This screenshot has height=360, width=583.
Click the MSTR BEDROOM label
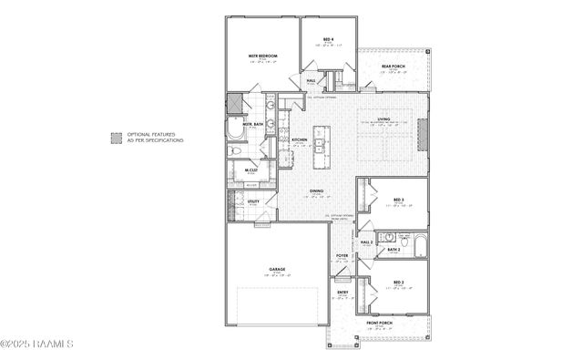click(262, 57)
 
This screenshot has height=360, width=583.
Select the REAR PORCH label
click(392, 66)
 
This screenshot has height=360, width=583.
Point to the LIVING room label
click(384, 118)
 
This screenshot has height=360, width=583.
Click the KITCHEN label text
click(299, 139)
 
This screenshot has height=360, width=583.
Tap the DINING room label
click(317, 191)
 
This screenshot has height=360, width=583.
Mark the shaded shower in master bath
click(235, 104)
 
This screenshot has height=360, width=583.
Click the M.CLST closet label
click(251, 170)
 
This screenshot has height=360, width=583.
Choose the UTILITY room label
click(253, 201)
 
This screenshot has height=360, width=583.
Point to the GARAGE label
click(277, 269)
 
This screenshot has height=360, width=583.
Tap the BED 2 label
click(398, 283)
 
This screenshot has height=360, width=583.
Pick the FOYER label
click(343, 256)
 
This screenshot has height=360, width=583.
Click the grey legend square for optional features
click(116, 138)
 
